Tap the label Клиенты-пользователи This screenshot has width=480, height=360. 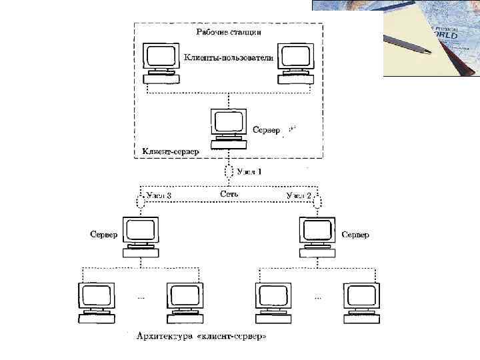click(229, 58)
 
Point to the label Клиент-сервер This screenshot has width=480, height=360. click(171, 151)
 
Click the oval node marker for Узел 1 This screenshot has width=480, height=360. click(229, 172)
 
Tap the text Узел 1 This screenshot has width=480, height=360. click(251, 172)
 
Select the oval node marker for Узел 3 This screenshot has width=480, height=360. click(140, 200)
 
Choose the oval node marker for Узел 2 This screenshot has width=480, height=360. click(318, 200)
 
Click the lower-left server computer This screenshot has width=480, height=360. click(140, 235)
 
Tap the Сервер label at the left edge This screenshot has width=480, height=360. click(104, 235)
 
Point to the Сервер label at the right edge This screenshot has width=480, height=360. click(355, 235)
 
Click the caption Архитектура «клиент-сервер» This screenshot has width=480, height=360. click(201, 337)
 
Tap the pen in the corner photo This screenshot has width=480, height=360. click(407, 43)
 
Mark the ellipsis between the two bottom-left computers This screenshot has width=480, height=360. click(140, 297)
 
